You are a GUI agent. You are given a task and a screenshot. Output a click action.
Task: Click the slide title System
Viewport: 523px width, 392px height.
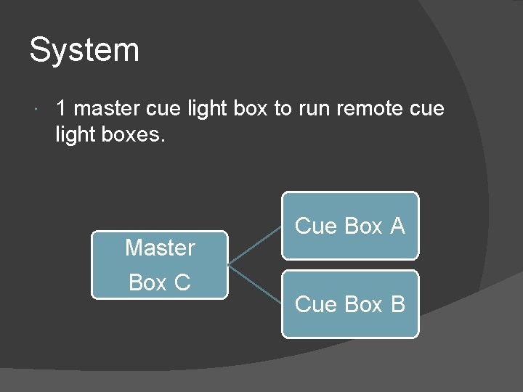click(84, 51)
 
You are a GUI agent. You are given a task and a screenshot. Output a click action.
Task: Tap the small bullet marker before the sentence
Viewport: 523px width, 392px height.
click(37, 110)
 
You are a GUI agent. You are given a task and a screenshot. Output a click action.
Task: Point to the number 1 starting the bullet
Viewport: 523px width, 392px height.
click(62, 109)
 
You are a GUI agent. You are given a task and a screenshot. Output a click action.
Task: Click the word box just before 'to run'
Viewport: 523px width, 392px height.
click(251, 109)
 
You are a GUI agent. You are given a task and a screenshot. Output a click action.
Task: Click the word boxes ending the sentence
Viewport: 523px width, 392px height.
click(135, 134)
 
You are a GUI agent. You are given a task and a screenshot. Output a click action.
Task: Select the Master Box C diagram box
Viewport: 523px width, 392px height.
click(160, 265)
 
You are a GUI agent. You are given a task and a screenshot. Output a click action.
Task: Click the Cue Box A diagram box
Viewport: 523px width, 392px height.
click(350, 226)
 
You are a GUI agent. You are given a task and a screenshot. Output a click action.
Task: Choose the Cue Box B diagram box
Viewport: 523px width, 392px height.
click(350, 304)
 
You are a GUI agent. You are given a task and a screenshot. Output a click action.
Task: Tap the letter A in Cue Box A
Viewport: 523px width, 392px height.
click(397, 226)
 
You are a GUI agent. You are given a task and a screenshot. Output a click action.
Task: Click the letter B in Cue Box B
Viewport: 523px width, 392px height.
click(397, 304)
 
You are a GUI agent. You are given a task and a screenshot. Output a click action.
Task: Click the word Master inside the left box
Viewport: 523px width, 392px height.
click(160, 248)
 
